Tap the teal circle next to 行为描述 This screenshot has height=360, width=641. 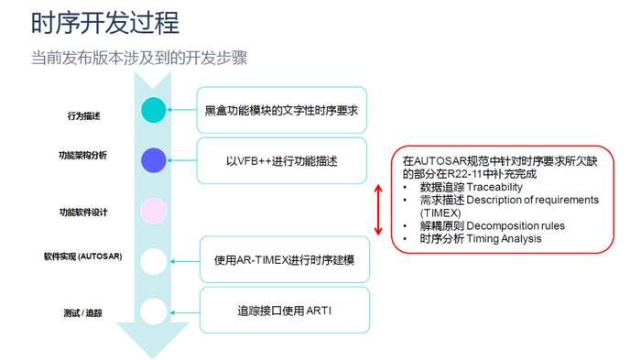pos(153,111)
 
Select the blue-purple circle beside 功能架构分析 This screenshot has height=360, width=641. pos(153,160)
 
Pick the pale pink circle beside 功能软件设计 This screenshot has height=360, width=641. pos(153,212)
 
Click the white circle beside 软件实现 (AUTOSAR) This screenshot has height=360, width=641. pos(153,261)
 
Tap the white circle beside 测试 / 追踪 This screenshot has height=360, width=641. pos(153,311)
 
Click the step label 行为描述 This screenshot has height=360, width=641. pos(83,116)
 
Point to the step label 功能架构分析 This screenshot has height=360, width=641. pos(82,155)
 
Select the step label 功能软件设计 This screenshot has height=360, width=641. pos(82,213)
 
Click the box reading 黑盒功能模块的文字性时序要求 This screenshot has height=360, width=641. pos(281,110)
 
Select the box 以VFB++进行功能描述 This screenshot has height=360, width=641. pos(281,161)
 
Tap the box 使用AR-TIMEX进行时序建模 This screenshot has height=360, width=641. pos(284,260)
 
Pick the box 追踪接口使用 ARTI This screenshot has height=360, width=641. pos(284,311)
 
